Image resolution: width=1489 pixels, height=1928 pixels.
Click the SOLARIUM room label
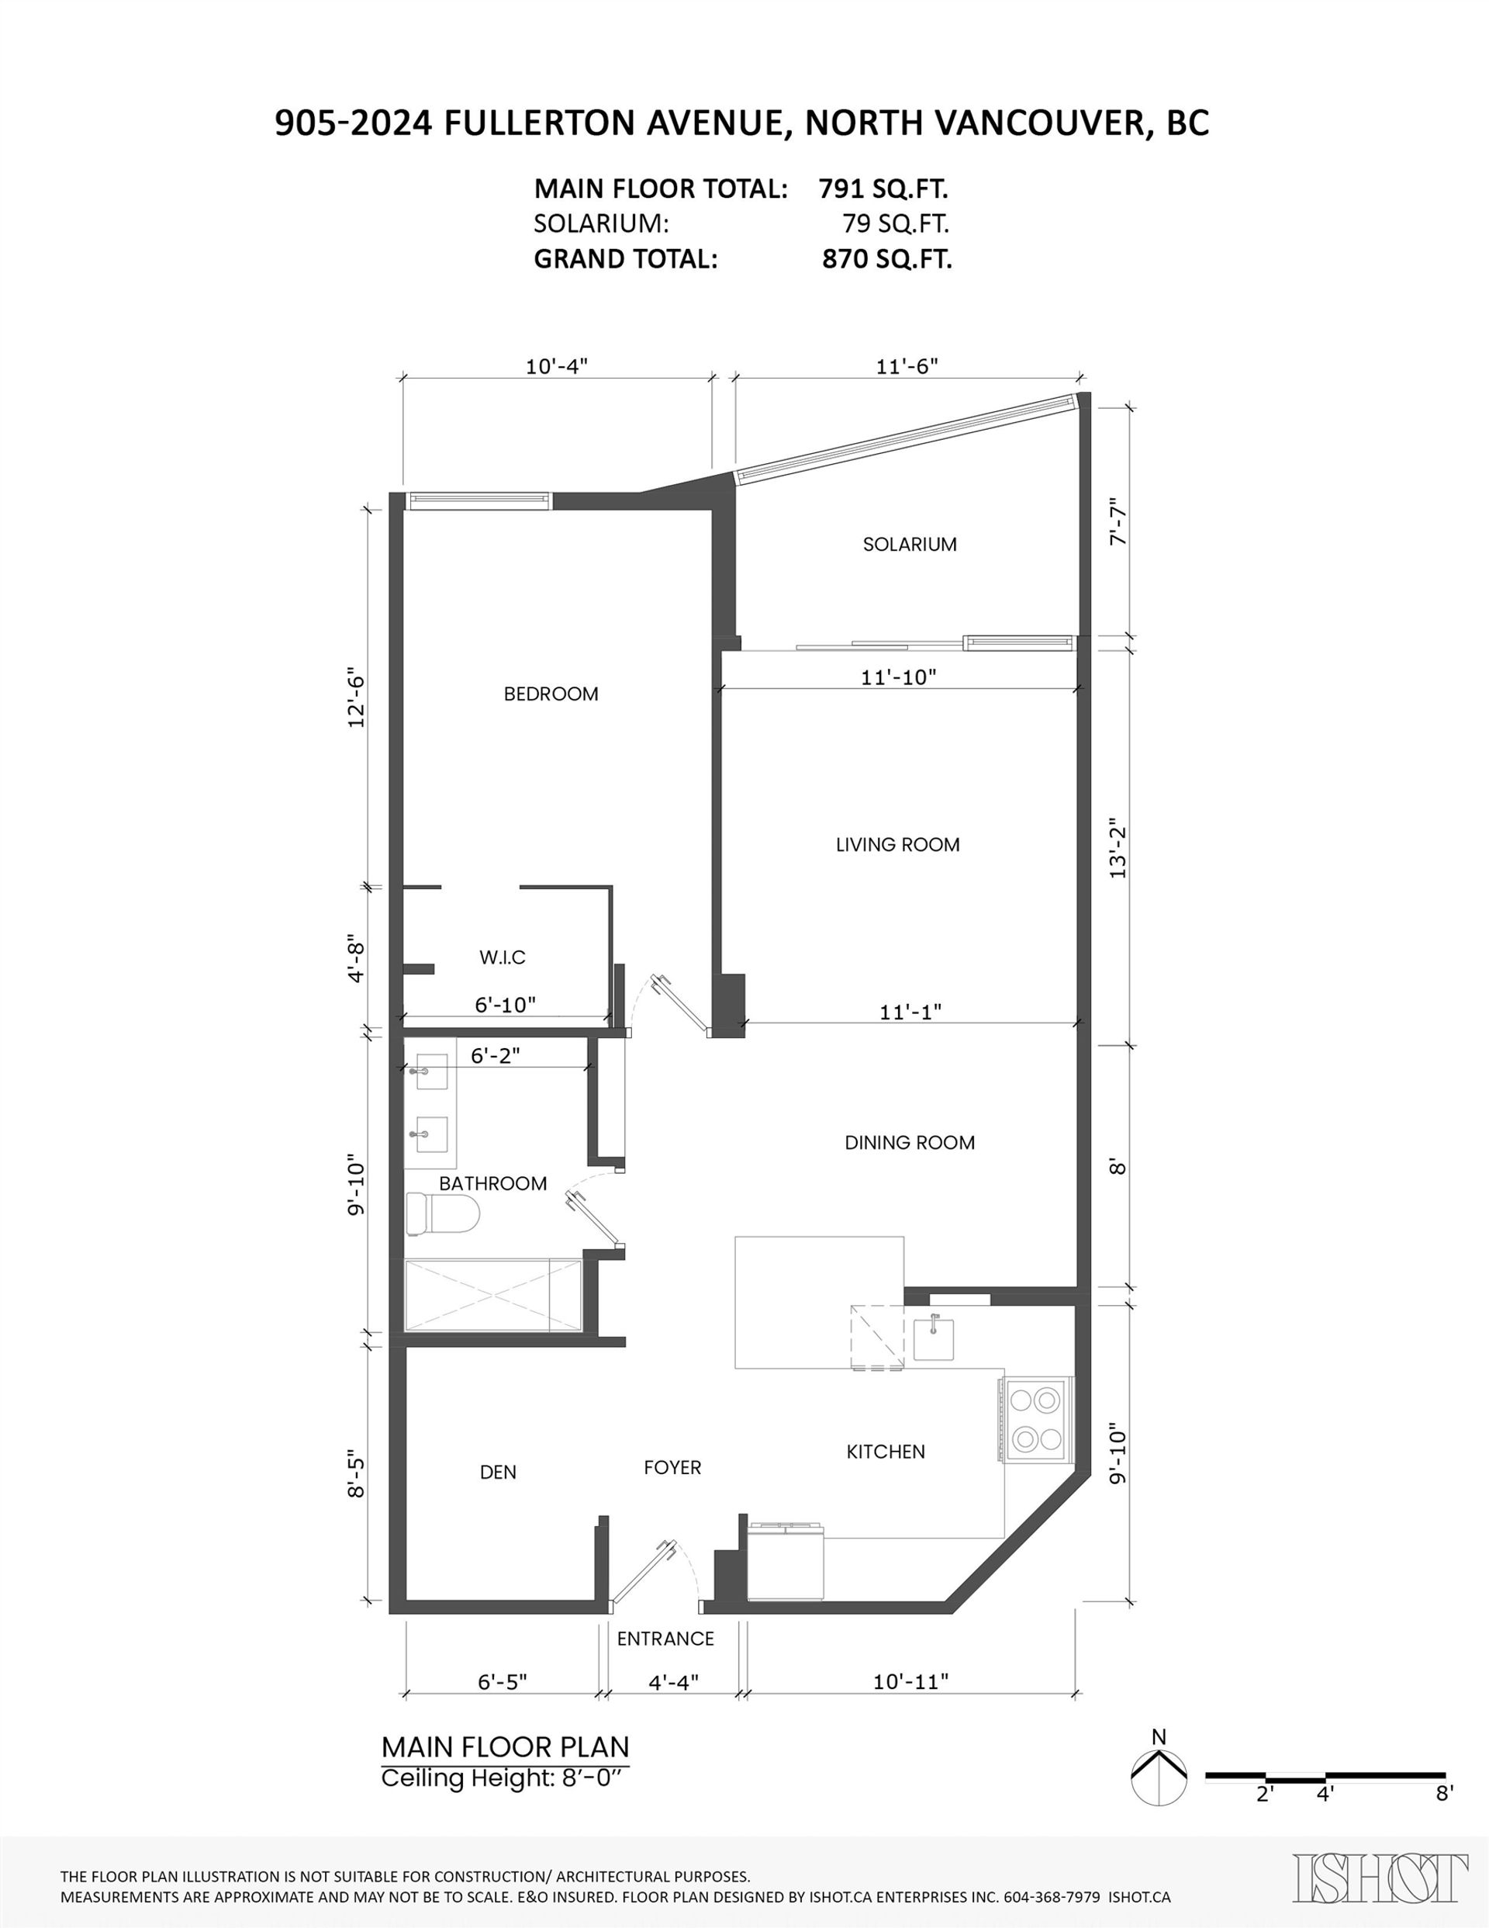pyautogui.click(x=909, y=544)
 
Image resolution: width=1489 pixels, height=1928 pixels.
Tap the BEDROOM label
pyautogui.click(x=551, y=694)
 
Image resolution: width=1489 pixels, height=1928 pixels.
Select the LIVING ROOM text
pyautogui.click(x=897, y=845)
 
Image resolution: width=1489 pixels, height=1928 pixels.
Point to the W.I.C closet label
pyautogui.click(x=503, y=957)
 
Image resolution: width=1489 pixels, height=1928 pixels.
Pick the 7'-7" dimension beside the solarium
pyautogui.click(x=1118, y=524)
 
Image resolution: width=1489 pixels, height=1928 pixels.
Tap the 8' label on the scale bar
pyautogui.click(x=1444, y=1793)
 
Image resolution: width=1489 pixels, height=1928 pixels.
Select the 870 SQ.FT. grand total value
pyautogui.click(x=887, y=260)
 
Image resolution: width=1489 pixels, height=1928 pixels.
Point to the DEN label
pyautogui.click(x=499, y=1472)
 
